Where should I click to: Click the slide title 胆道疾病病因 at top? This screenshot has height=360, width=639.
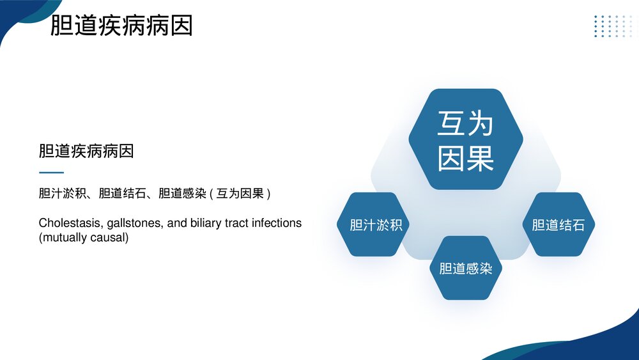pos(121,26)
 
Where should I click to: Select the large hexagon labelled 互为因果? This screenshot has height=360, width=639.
pos(466,139)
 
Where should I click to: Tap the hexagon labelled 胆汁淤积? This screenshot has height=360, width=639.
pos(376,225)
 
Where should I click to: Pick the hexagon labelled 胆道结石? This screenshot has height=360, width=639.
pos(558,225)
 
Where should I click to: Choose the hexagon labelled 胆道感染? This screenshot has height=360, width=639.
pos(466,269)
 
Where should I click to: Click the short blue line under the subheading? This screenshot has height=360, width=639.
pos(51,173)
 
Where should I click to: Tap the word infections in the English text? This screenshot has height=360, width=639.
pos(277,223)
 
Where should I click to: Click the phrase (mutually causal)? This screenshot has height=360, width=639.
pos(84,238)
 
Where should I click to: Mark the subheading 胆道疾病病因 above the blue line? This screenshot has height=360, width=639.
pos(86,152)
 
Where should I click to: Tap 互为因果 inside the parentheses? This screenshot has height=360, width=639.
pos(240,193)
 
